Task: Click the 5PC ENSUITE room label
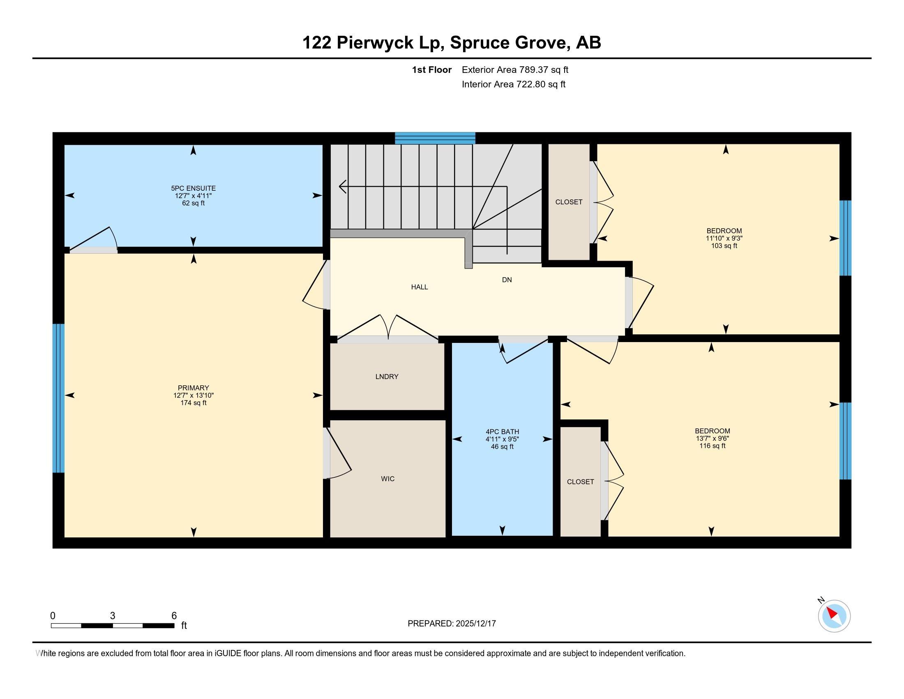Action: click(x=193, y=188)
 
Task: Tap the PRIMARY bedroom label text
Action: click(x=193, y=388)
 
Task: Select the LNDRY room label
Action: click(x=387, y=376)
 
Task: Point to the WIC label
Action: click(x=387, y=479)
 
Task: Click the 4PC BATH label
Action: click(x=502, y=431)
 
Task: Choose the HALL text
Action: click(x=419, y=287)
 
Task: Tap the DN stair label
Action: click(x=507, y=280)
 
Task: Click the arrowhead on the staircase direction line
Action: click(x=342, y=187)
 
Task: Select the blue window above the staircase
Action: click(x=435, y=138)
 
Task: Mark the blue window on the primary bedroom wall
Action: click(x=58, y=398)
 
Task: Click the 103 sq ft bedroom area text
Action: click(x=724, y=246)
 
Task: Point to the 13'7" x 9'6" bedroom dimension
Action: click(x=713, y=439)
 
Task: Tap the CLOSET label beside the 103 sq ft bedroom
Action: click(x=569, y=202)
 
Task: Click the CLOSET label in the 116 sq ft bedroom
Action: click(x=580, y=481)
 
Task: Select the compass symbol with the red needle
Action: click(x=834, y=616)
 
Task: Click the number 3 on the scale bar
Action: click(x=112, y=616)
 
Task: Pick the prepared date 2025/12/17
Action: click(x=475, y=624)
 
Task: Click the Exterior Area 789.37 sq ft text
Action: click(x=515, y=70)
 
